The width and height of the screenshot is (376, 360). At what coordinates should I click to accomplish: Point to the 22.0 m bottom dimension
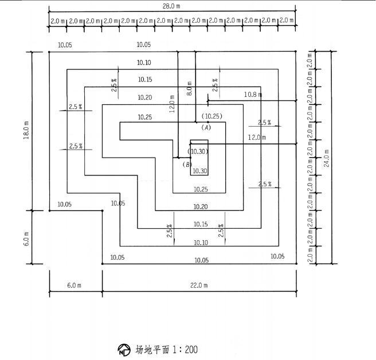pyautogui.click(x=200, y=285)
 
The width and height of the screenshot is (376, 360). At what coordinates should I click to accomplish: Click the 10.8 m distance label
pyautogui.click(x=252, y=94)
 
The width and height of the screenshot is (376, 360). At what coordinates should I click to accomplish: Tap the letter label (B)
pyautogui.click(x=187, y=165)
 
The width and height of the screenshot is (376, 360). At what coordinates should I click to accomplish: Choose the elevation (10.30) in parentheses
pyautogui.click(x=198, y=151)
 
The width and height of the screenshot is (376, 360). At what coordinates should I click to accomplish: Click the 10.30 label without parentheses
pyautogui.click(x=199, y=171)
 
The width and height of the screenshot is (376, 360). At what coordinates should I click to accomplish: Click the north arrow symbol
pyautogui.click(x=123, y=349)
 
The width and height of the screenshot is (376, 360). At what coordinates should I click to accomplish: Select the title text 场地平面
pyautogui.click(x=152, y=349)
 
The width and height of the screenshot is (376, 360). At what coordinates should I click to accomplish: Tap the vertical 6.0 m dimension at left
pyautogui.click(x=26, y=237)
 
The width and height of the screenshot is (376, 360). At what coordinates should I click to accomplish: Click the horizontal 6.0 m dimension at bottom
pyautogui.click(x=75, y=285)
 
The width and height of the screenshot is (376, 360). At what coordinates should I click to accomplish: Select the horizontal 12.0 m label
pyautogui.click(x=257, y=138)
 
